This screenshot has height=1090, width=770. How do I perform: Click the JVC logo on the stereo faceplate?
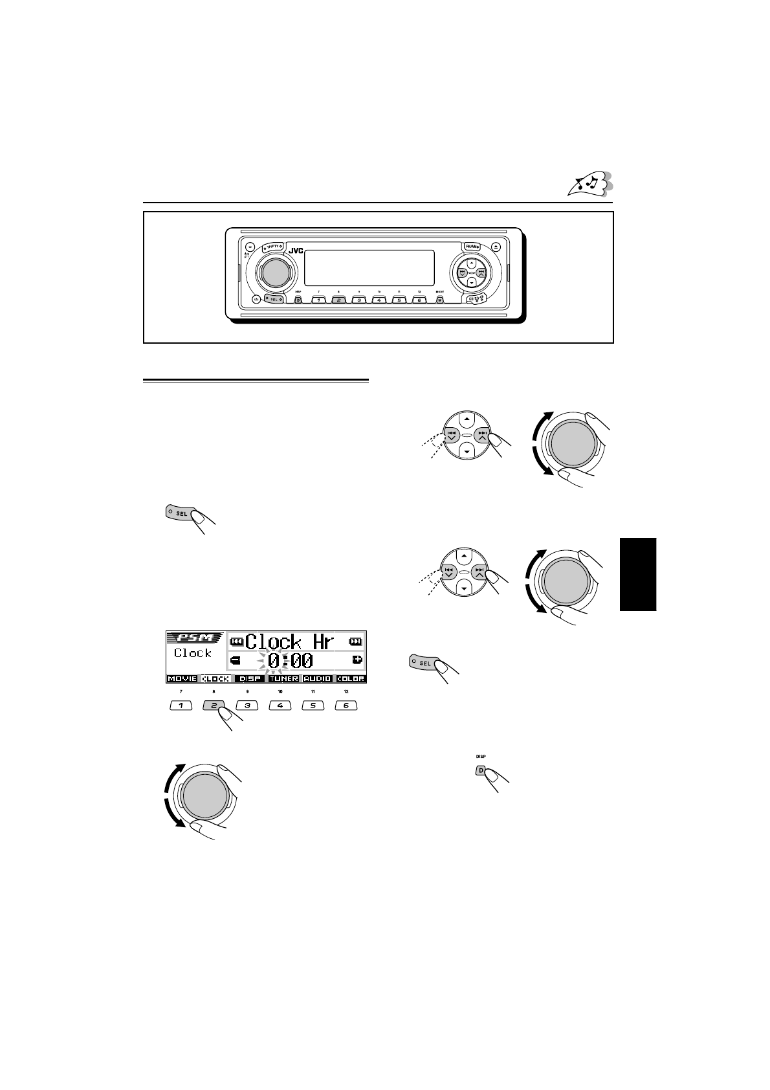pyautogui.click(x=295, y=251)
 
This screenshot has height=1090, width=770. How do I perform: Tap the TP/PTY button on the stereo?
pyautogui.click(x=272, y=247)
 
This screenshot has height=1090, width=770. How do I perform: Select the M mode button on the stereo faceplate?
pyautogui.click(x=440, y=300)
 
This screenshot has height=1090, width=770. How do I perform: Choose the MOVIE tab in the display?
pyautogui.click(x=182, y=679)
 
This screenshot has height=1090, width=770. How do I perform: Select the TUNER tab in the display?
pyautogui.click(x=283, y=679)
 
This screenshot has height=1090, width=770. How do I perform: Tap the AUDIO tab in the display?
pyautogui.click(x=317, y=679)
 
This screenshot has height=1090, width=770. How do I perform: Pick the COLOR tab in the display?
pyautogui.click(x=351, y=679)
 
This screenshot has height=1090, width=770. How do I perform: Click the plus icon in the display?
pyautogui.click(x=357, y=660)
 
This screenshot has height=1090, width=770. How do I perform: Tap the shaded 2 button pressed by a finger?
pyautogui.click(x=214, y=706)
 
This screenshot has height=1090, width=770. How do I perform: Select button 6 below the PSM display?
pyautogui.click(x=346, y=706)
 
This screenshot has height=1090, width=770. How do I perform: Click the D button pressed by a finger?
pyautogui.click(x=481, y=770)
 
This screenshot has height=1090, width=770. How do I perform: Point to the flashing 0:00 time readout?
pyautogui.click(x=290, y=661)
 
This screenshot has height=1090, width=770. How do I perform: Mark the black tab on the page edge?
pyautogui.click(x=638, y=573)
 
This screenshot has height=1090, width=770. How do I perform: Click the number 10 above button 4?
pyautogui.click(x=280, y=692)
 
